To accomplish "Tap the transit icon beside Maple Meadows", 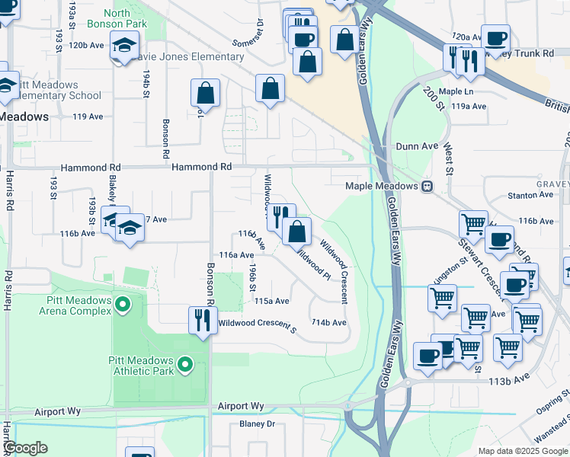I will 427,186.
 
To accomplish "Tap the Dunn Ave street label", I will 417,145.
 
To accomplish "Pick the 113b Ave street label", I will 510,377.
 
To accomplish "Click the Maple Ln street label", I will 456,91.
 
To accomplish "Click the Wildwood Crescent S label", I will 257,323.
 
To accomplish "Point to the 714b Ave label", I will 328,323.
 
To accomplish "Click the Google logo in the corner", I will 25,449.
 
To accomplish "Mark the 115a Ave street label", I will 271,301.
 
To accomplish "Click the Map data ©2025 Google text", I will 522,451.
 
